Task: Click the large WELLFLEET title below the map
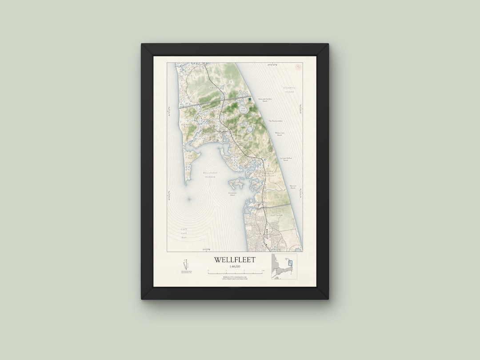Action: tap(235, 260)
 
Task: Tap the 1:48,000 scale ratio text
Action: tap(235, 266)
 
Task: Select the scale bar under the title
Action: tap(236, 271)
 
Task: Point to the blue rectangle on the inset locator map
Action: tap(290, 263)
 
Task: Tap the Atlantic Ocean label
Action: tap(290, 90)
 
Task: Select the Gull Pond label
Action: tap(243, 108)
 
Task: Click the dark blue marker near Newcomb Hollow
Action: tap(250, 99)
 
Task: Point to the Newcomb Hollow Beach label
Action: tap(265, 100)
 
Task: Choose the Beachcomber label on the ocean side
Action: tap(275, 120)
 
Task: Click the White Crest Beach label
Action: tap(279, 133)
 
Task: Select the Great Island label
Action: tap(190, 156)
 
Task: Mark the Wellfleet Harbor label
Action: tap(209, 175)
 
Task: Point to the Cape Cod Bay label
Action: tap(184, 233)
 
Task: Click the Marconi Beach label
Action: tap(292, 187)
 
